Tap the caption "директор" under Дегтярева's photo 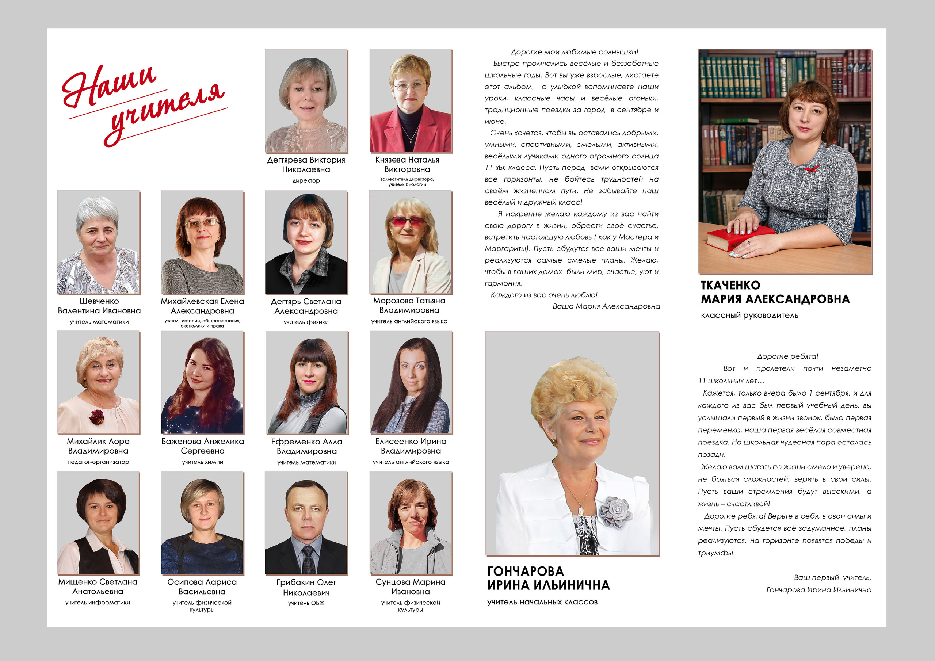pyautogui.click(x=306, y=180)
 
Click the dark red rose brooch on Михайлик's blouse pyautogui.click(x=97, y=416)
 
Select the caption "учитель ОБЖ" pyautogui.click(x=306, y=603)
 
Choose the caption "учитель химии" pyautogui.click(x=202, y=462)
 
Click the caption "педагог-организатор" pyautogui.click(x=98, y=462)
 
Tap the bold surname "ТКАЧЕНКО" pyautogui.click(x=730, y=285)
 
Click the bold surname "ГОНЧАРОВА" pyautogui.click(x=525, y=571)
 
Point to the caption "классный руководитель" pyautogui.click(x=749, y=315)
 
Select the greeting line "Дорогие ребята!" pyautogui.click(x=787, y=356)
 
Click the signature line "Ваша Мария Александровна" pyautogui.click(x=606, y=306)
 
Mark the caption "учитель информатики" pyautogui.click(x=98, y=602)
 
